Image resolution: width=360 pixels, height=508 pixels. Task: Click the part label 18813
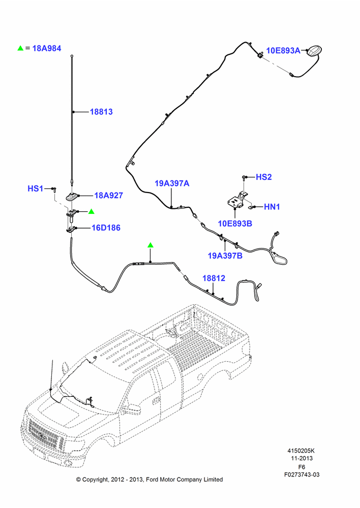click(x=101, y=112)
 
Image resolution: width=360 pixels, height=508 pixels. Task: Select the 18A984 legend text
click(x=47, y=48)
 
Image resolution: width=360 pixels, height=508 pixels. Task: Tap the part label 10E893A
click(x=283, y=50)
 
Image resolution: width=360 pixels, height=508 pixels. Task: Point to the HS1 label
click(x=36, y=188)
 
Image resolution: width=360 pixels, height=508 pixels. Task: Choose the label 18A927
click(x=109, y=196)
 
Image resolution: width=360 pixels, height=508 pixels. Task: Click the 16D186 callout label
click(x=106, y=228)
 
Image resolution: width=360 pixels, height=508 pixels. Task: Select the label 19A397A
click(x=172, y=183)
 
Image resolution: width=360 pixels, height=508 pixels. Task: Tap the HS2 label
click(x=264, y=177)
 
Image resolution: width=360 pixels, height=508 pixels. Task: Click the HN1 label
click(x=272, y=207)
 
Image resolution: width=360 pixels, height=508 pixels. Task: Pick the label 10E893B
click(x=235, y=224)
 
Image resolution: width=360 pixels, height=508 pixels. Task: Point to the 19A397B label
click(x=225, y=256)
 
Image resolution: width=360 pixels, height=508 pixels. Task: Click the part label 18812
click(x=214, y=278)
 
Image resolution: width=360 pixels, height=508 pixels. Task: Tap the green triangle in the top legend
click(x=20, y=48)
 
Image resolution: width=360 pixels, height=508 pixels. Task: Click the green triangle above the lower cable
click(x=150, y=245)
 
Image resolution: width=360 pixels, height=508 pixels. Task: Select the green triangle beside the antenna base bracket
click(x=92, y=211)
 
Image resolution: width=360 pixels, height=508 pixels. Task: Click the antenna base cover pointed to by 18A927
click(x=72, y=196)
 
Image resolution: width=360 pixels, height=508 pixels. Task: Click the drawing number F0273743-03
click(x=302, y=474)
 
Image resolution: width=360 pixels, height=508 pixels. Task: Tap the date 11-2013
click(x=302, y=458)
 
